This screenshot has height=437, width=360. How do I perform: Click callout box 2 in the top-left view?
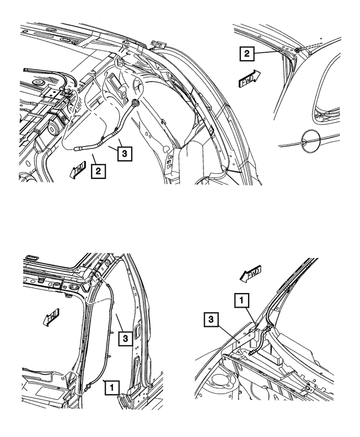coord(98,170)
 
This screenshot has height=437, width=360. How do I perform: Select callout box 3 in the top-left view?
coord(126,152)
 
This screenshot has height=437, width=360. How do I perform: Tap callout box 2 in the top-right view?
coord(246,55)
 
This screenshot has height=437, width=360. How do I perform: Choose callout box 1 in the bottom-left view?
coord(112,387)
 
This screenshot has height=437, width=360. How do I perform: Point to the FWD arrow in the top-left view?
coord(78,169)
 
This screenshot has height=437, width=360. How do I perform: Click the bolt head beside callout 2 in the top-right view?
coord(296,51)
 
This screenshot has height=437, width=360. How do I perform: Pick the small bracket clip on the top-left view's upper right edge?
coord(157,45)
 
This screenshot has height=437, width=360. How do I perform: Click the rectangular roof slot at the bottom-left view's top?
coord(33,258)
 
